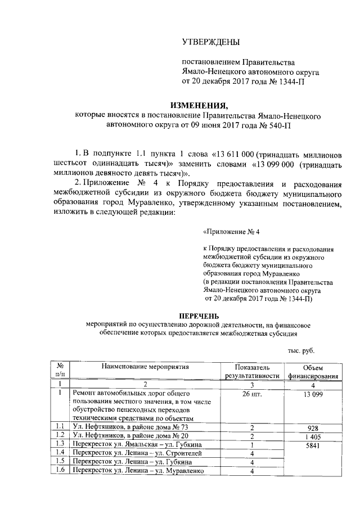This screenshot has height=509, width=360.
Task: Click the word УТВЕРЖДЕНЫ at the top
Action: (x=210, y=42)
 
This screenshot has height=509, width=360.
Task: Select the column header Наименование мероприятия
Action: (x=145, y=367)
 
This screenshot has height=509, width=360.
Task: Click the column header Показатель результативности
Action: (x=253, y=371)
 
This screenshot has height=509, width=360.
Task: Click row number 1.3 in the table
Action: (x=60, y=444)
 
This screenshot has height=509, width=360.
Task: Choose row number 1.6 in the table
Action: (x=60, y=471)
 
